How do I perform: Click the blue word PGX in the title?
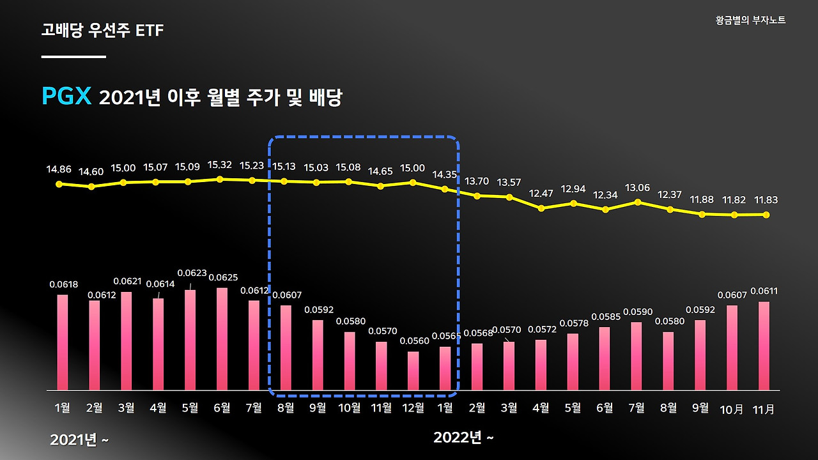67,97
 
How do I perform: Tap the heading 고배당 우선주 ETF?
102,30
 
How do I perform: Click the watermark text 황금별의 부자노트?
751,20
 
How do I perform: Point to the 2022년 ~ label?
463,438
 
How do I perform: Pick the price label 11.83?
766,200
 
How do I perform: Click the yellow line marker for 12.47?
541,208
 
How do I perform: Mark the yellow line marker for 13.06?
638,202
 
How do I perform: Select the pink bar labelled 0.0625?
222,339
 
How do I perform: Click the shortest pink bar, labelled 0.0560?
413,371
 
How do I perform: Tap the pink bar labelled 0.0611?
764,345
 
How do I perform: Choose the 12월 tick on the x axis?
413,408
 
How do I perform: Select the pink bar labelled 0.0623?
190,340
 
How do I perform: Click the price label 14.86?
59,170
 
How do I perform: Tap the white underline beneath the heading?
73,57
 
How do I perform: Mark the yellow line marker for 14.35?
445,189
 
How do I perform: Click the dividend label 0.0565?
445,336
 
